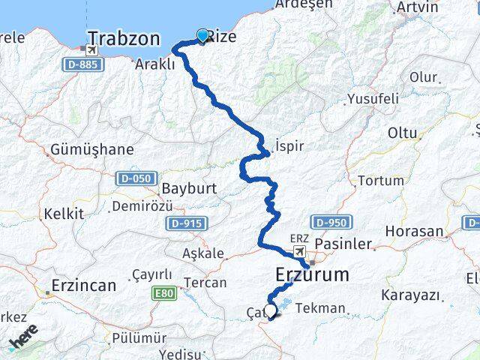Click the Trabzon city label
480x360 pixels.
[124, 39]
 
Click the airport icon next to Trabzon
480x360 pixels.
[91, 50]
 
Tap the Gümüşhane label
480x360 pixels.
[92, 150]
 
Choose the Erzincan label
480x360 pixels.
[83, 286]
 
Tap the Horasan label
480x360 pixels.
[415, 232]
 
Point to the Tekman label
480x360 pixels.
[321, 308]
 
